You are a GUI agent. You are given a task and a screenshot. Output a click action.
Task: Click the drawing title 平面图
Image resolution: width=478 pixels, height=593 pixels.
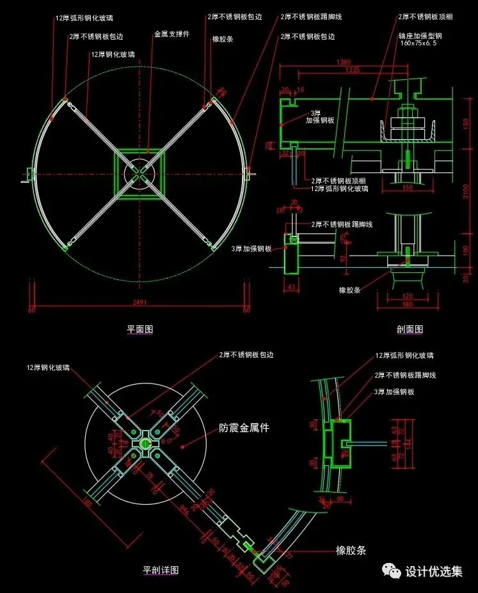(x=139, y=330)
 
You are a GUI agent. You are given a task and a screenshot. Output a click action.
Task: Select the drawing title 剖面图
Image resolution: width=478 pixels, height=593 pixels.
(x=410, y=330)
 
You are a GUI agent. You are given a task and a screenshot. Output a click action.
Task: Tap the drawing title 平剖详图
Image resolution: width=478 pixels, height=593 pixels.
(x=160, y=569)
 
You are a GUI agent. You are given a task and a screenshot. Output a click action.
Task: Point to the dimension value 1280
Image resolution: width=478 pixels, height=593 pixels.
(x=345, y=62)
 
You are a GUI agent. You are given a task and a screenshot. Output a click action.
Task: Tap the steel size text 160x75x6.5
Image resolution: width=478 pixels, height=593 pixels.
(x=420, y=43)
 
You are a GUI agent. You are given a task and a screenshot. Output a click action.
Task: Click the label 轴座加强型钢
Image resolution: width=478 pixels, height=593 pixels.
(x=420, y=36)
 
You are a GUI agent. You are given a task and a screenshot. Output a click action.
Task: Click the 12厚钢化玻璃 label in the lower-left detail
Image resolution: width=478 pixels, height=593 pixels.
(x=48, y=368)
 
